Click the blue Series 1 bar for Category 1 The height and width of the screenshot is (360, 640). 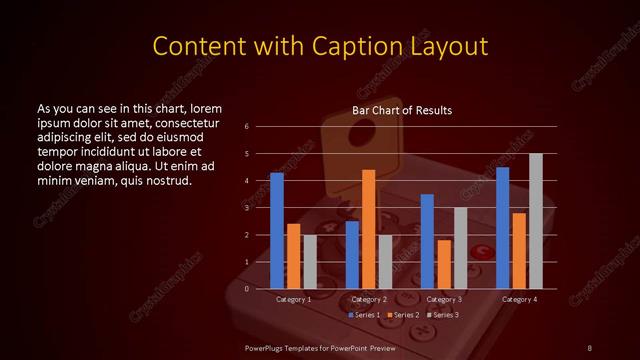pyautogui.click(x=277, y=231)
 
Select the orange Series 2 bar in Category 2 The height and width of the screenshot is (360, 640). pyautogui.click(x=369, y=229)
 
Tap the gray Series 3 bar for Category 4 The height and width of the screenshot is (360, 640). pyautogui.click(x=536, y=221)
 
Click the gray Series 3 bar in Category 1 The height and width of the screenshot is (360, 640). pyautogui.click(x=310, y=262)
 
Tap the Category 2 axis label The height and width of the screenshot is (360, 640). pyautogui.click(x=369, y=299)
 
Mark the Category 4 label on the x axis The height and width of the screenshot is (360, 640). pyautogui.click(x=519, y=299)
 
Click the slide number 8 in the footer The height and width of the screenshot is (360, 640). pyautogui.click(x=589, y=347)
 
